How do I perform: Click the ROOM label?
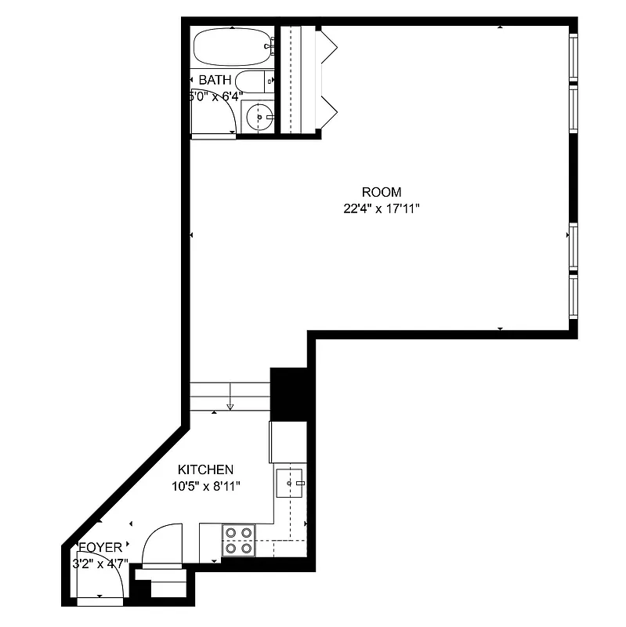pos(381,192)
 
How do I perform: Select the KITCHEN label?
pos(205,470)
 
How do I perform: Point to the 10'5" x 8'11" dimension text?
pos(205,486)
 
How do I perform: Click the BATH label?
pos(214,80)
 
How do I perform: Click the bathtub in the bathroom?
pos(232,47)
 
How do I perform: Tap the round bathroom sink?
pos(258,118)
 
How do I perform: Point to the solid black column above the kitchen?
pos(288,394)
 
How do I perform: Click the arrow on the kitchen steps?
pos(230,406)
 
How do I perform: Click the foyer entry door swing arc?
pos(110,580)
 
